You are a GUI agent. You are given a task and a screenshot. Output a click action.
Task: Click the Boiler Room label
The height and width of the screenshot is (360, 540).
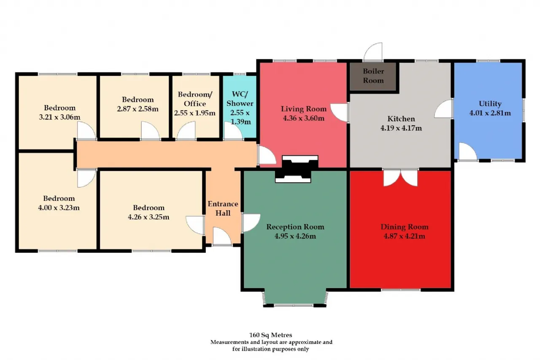[373, 76]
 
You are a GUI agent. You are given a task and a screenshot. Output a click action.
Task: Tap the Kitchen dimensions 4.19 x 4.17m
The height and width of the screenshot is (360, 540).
[401, 128]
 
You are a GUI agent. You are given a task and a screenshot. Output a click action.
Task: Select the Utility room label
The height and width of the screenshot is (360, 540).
[490, 104]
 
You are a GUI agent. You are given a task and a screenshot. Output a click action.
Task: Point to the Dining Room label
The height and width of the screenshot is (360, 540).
[404, 227]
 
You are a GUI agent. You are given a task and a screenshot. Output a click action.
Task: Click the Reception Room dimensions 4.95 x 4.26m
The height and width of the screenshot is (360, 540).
[295, 236]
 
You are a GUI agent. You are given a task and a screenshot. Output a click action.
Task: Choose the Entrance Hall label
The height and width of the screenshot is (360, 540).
[223, 208]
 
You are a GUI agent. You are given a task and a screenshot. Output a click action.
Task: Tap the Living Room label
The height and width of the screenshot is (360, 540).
[303, 109]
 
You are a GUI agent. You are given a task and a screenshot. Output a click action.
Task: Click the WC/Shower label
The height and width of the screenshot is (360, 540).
[240, 99]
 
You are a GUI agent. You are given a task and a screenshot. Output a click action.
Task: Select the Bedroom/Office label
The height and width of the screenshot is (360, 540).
[195, 99]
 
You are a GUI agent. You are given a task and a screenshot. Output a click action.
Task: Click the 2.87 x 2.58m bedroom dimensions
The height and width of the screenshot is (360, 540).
[138, 109]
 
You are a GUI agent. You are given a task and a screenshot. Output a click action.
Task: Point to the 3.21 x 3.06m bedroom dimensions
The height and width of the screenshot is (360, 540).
[59, 117]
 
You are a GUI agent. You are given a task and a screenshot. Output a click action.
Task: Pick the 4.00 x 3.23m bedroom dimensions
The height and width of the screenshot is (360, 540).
[59, 208]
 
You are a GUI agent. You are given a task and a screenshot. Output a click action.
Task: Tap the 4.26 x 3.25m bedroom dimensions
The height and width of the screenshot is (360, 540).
[148, 217]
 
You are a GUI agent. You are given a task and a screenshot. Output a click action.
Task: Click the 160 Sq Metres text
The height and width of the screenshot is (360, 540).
[270, 335]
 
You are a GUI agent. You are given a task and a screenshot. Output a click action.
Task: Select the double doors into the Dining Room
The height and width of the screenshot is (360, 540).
[400, 177]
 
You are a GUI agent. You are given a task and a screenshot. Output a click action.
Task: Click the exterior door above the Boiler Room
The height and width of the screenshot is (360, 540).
[373, 51]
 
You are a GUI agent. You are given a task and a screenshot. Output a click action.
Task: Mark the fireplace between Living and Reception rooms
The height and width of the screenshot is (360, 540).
[297, 169]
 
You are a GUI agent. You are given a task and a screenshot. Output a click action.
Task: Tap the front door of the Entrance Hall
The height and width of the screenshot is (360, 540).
[222, 236]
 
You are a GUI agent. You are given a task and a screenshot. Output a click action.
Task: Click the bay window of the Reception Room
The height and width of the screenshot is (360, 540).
[295, 299]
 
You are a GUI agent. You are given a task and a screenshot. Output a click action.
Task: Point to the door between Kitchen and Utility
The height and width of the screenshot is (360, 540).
[444, 109]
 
